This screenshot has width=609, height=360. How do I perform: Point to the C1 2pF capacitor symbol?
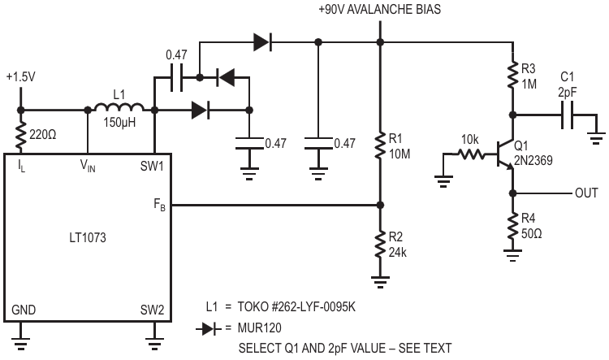point(568,115)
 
